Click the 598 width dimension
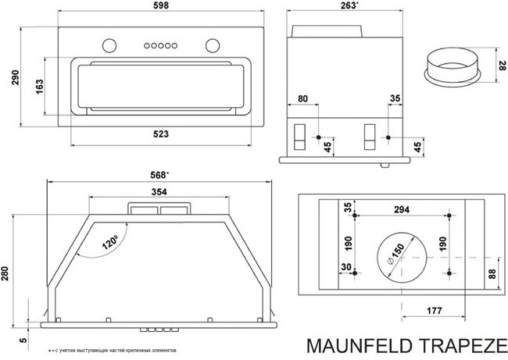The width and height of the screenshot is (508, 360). click(159, 7)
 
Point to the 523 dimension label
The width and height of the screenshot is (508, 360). click(160, 134)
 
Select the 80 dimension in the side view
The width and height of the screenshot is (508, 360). click(304, 99)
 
